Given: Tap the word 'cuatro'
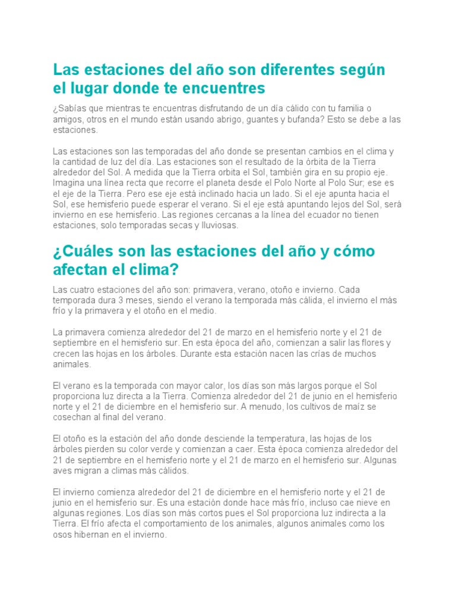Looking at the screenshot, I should tap(84, 290).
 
